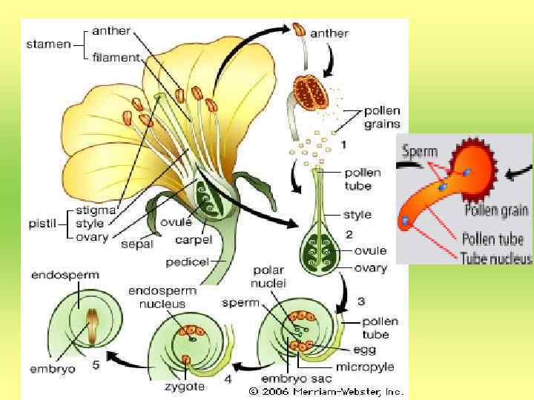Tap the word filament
coord(115,56)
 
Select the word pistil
coord(42,221)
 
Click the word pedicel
coord(186,261)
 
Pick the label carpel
coord(194,240)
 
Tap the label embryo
coord(51,368)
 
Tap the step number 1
coord(343,146)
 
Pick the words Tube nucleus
coord(496,258)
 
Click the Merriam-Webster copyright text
coord(326,390)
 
